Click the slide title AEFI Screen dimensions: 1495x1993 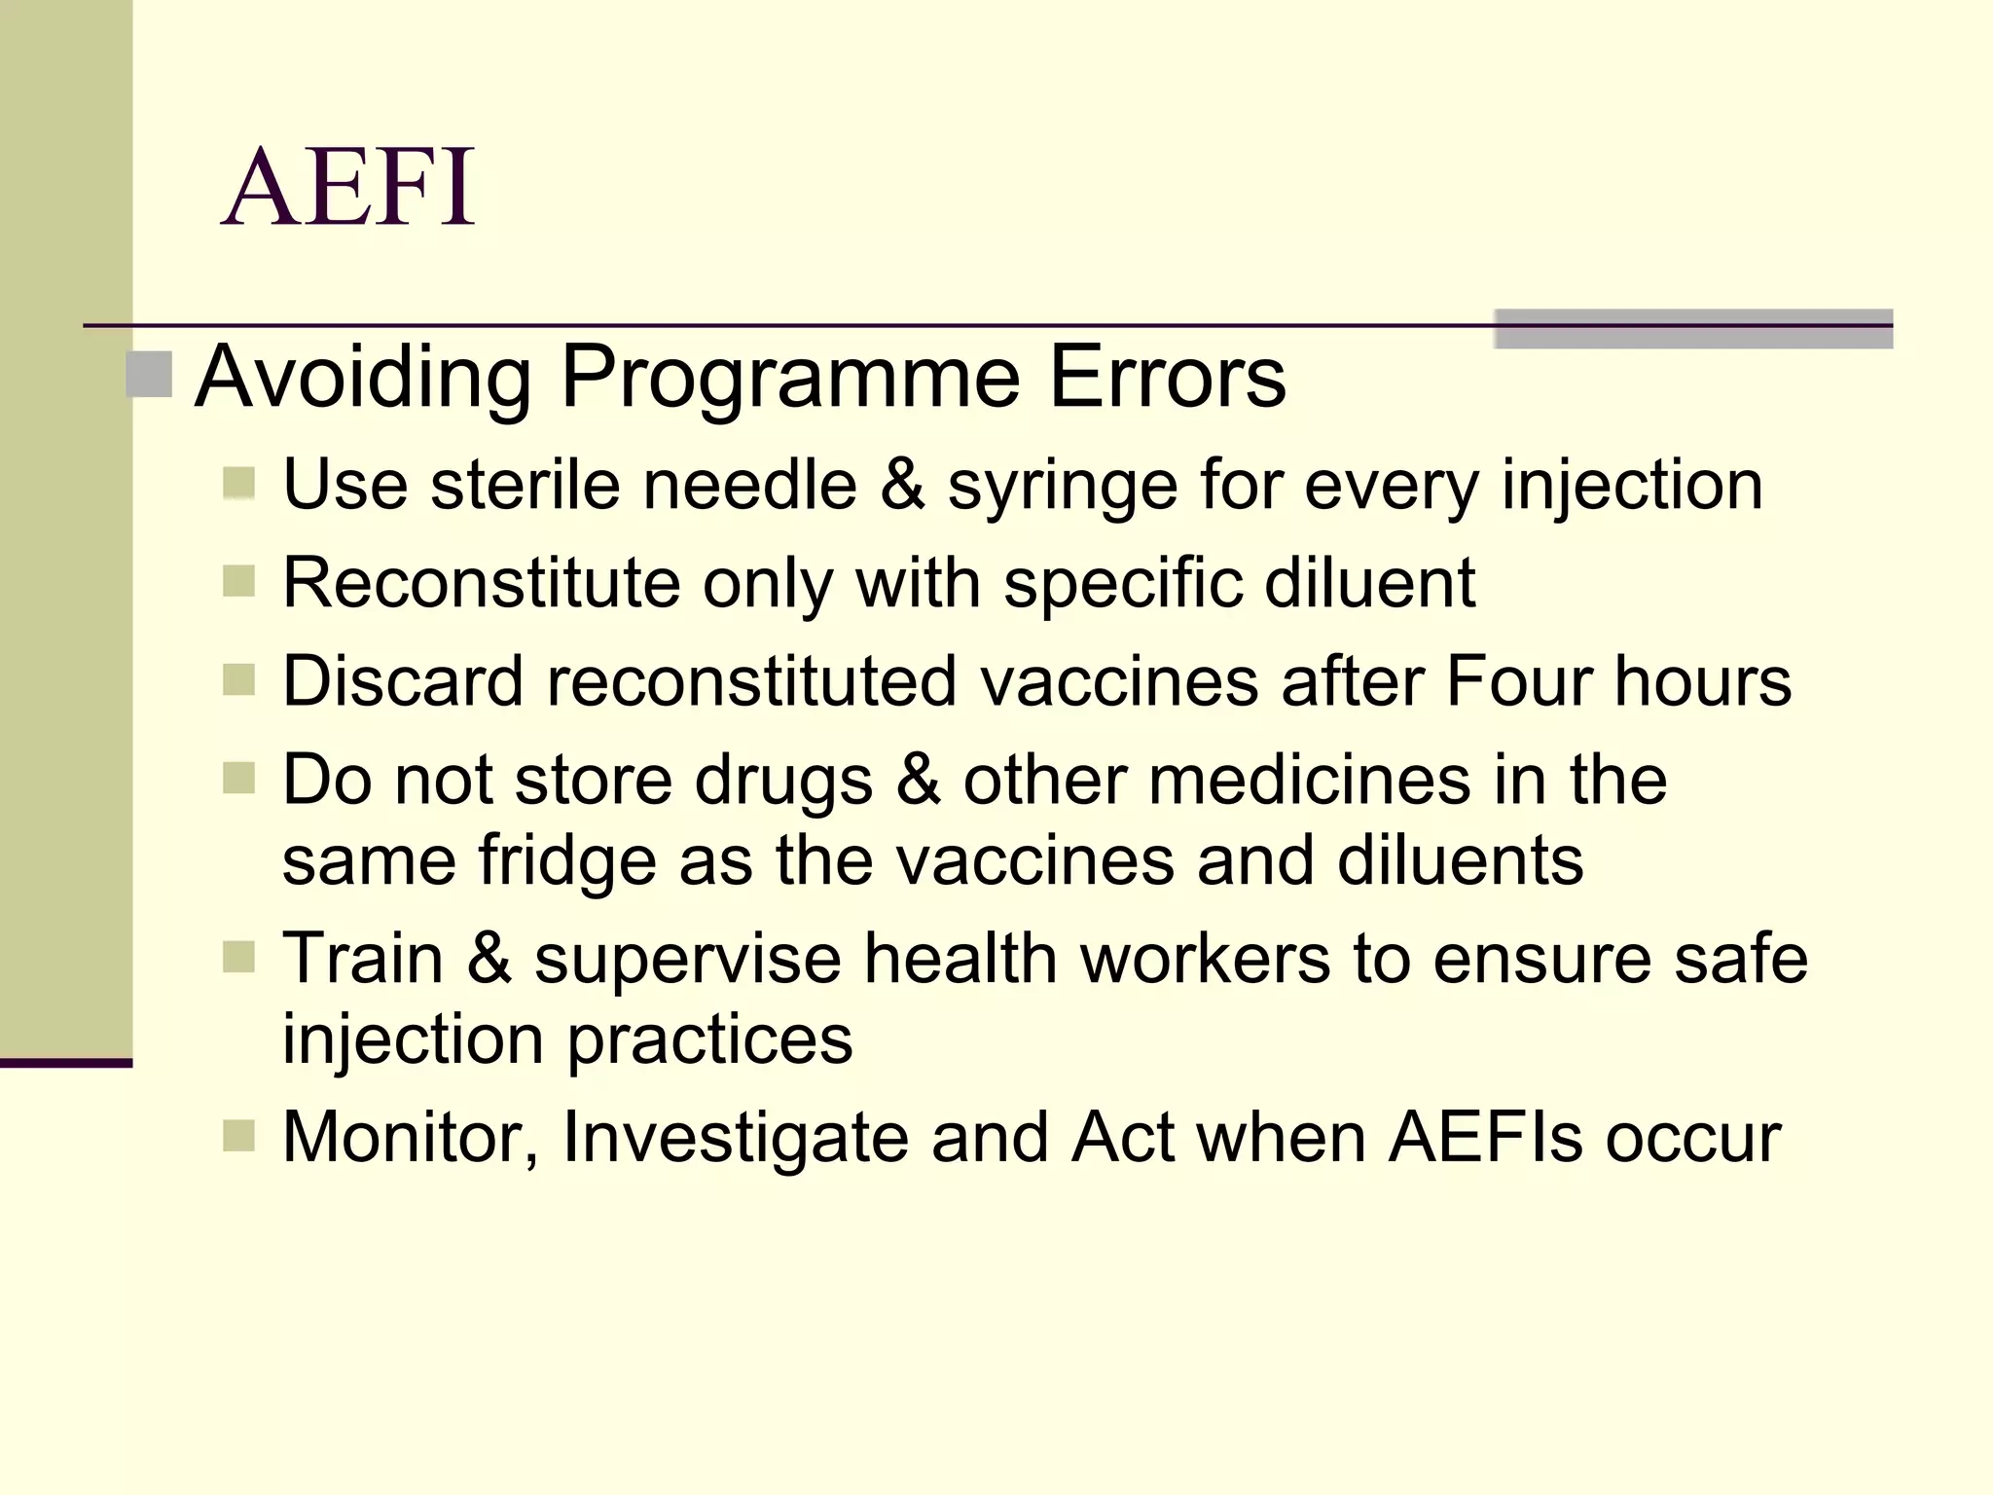pos(348,187)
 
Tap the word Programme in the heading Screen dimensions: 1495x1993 pos(790,378)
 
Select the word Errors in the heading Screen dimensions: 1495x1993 pos(1167,378)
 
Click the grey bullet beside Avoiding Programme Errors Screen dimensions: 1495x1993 pos(149,375)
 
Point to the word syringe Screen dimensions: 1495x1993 pos(1062,487)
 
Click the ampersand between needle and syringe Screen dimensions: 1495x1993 pos(902,485)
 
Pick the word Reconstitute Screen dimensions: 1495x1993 pos(481,583)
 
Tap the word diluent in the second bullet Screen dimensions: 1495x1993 pos(1369,583)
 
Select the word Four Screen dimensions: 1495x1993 pos(1518,680)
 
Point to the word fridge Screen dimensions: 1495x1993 pos(566,861)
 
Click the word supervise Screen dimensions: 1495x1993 pos(687,959)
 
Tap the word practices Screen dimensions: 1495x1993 pos(709,1039)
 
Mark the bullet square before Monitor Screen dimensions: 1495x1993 pos(238,1135)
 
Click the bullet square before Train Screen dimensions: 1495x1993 pos(238,957)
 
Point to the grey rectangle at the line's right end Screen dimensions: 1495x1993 pos(1692,328)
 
